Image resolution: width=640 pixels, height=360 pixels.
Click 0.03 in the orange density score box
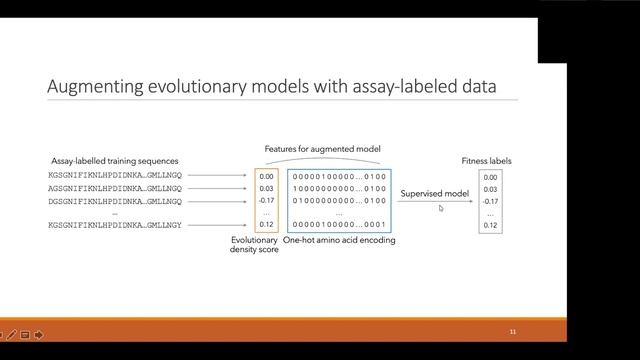click(266, 188)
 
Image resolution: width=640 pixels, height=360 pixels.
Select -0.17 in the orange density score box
click(266, 200)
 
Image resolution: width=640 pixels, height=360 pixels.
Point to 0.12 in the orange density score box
click(266, 225)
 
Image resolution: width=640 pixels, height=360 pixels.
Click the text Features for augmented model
click(322, 149)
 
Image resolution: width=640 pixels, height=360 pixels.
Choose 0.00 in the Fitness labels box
click(489, 177)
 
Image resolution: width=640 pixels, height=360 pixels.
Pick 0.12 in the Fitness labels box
click(489, 226)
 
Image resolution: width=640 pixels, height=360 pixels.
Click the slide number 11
click(513, 331)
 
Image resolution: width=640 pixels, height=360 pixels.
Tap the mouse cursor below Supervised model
click(441, 208)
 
